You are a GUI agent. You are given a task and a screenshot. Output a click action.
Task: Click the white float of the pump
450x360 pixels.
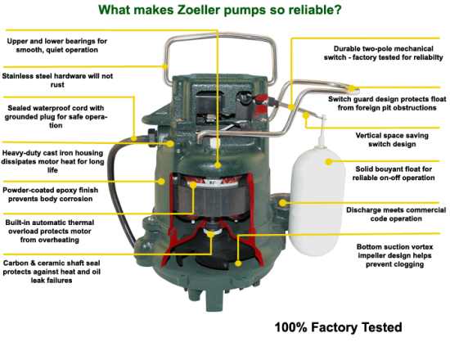pyautogui.click(x=317, y=201)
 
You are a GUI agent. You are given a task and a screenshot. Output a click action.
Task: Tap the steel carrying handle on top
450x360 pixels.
pyautogui.click(x=220, y=36)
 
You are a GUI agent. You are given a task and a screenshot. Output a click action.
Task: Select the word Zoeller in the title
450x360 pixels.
pyautogui.click(x=199, y=10)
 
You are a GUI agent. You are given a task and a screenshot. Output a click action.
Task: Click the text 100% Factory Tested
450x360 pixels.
pyautogui.click(x=339, y=327)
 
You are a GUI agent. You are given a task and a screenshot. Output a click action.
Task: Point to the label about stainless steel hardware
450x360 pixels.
pyautogui.click(x=57, y=80)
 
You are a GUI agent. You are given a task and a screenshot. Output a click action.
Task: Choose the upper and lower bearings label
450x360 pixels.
pyautogui.click(x=56, y=45)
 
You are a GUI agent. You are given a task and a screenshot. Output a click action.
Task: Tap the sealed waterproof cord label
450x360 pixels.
pyautogui.click(x=56, y=116)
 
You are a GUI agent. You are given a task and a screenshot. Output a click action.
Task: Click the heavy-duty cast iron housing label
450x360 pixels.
pyautogui.click(x=52, y=161)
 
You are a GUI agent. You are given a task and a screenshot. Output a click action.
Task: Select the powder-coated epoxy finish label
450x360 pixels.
pyautogui.click(x=51, y=195)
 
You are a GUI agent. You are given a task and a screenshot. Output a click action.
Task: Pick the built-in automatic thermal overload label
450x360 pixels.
pyautogui.click(x=50, y=231)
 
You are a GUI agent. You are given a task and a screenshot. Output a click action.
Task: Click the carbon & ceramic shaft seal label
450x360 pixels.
pyautogui.click(x=52, y=272)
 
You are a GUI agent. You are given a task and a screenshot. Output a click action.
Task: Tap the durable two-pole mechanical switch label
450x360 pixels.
pyautogui.click(x=384, y=53)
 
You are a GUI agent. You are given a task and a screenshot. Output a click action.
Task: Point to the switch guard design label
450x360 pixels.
pyautogui.click(x=387, y=103)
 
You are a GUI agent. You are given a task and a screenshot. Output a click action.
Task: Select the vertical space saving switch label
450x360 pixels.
pyautogui.click(x=392, y=140)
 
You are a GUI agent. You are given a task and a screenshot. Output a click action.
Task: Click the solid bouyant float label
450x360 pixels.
pyautogui.click(x=394, y=173)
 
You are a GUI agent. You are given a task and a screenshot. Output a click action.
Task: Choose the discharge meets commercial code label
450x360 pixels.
pyautogui.click(x=396, y=214)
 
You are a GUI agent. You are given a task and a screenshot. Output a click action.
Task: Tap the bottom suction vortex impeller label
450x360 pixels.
pyautogui.click(x=395, y=255)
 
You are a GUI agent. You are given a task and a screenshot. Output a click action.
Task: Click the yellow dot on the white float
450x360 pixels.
pyautogui.click(x=329, y=162)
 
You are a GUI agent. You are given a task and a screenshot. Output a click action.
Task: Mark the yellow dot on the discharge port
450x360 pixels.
pyautogui.click(x=283, y=203)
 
